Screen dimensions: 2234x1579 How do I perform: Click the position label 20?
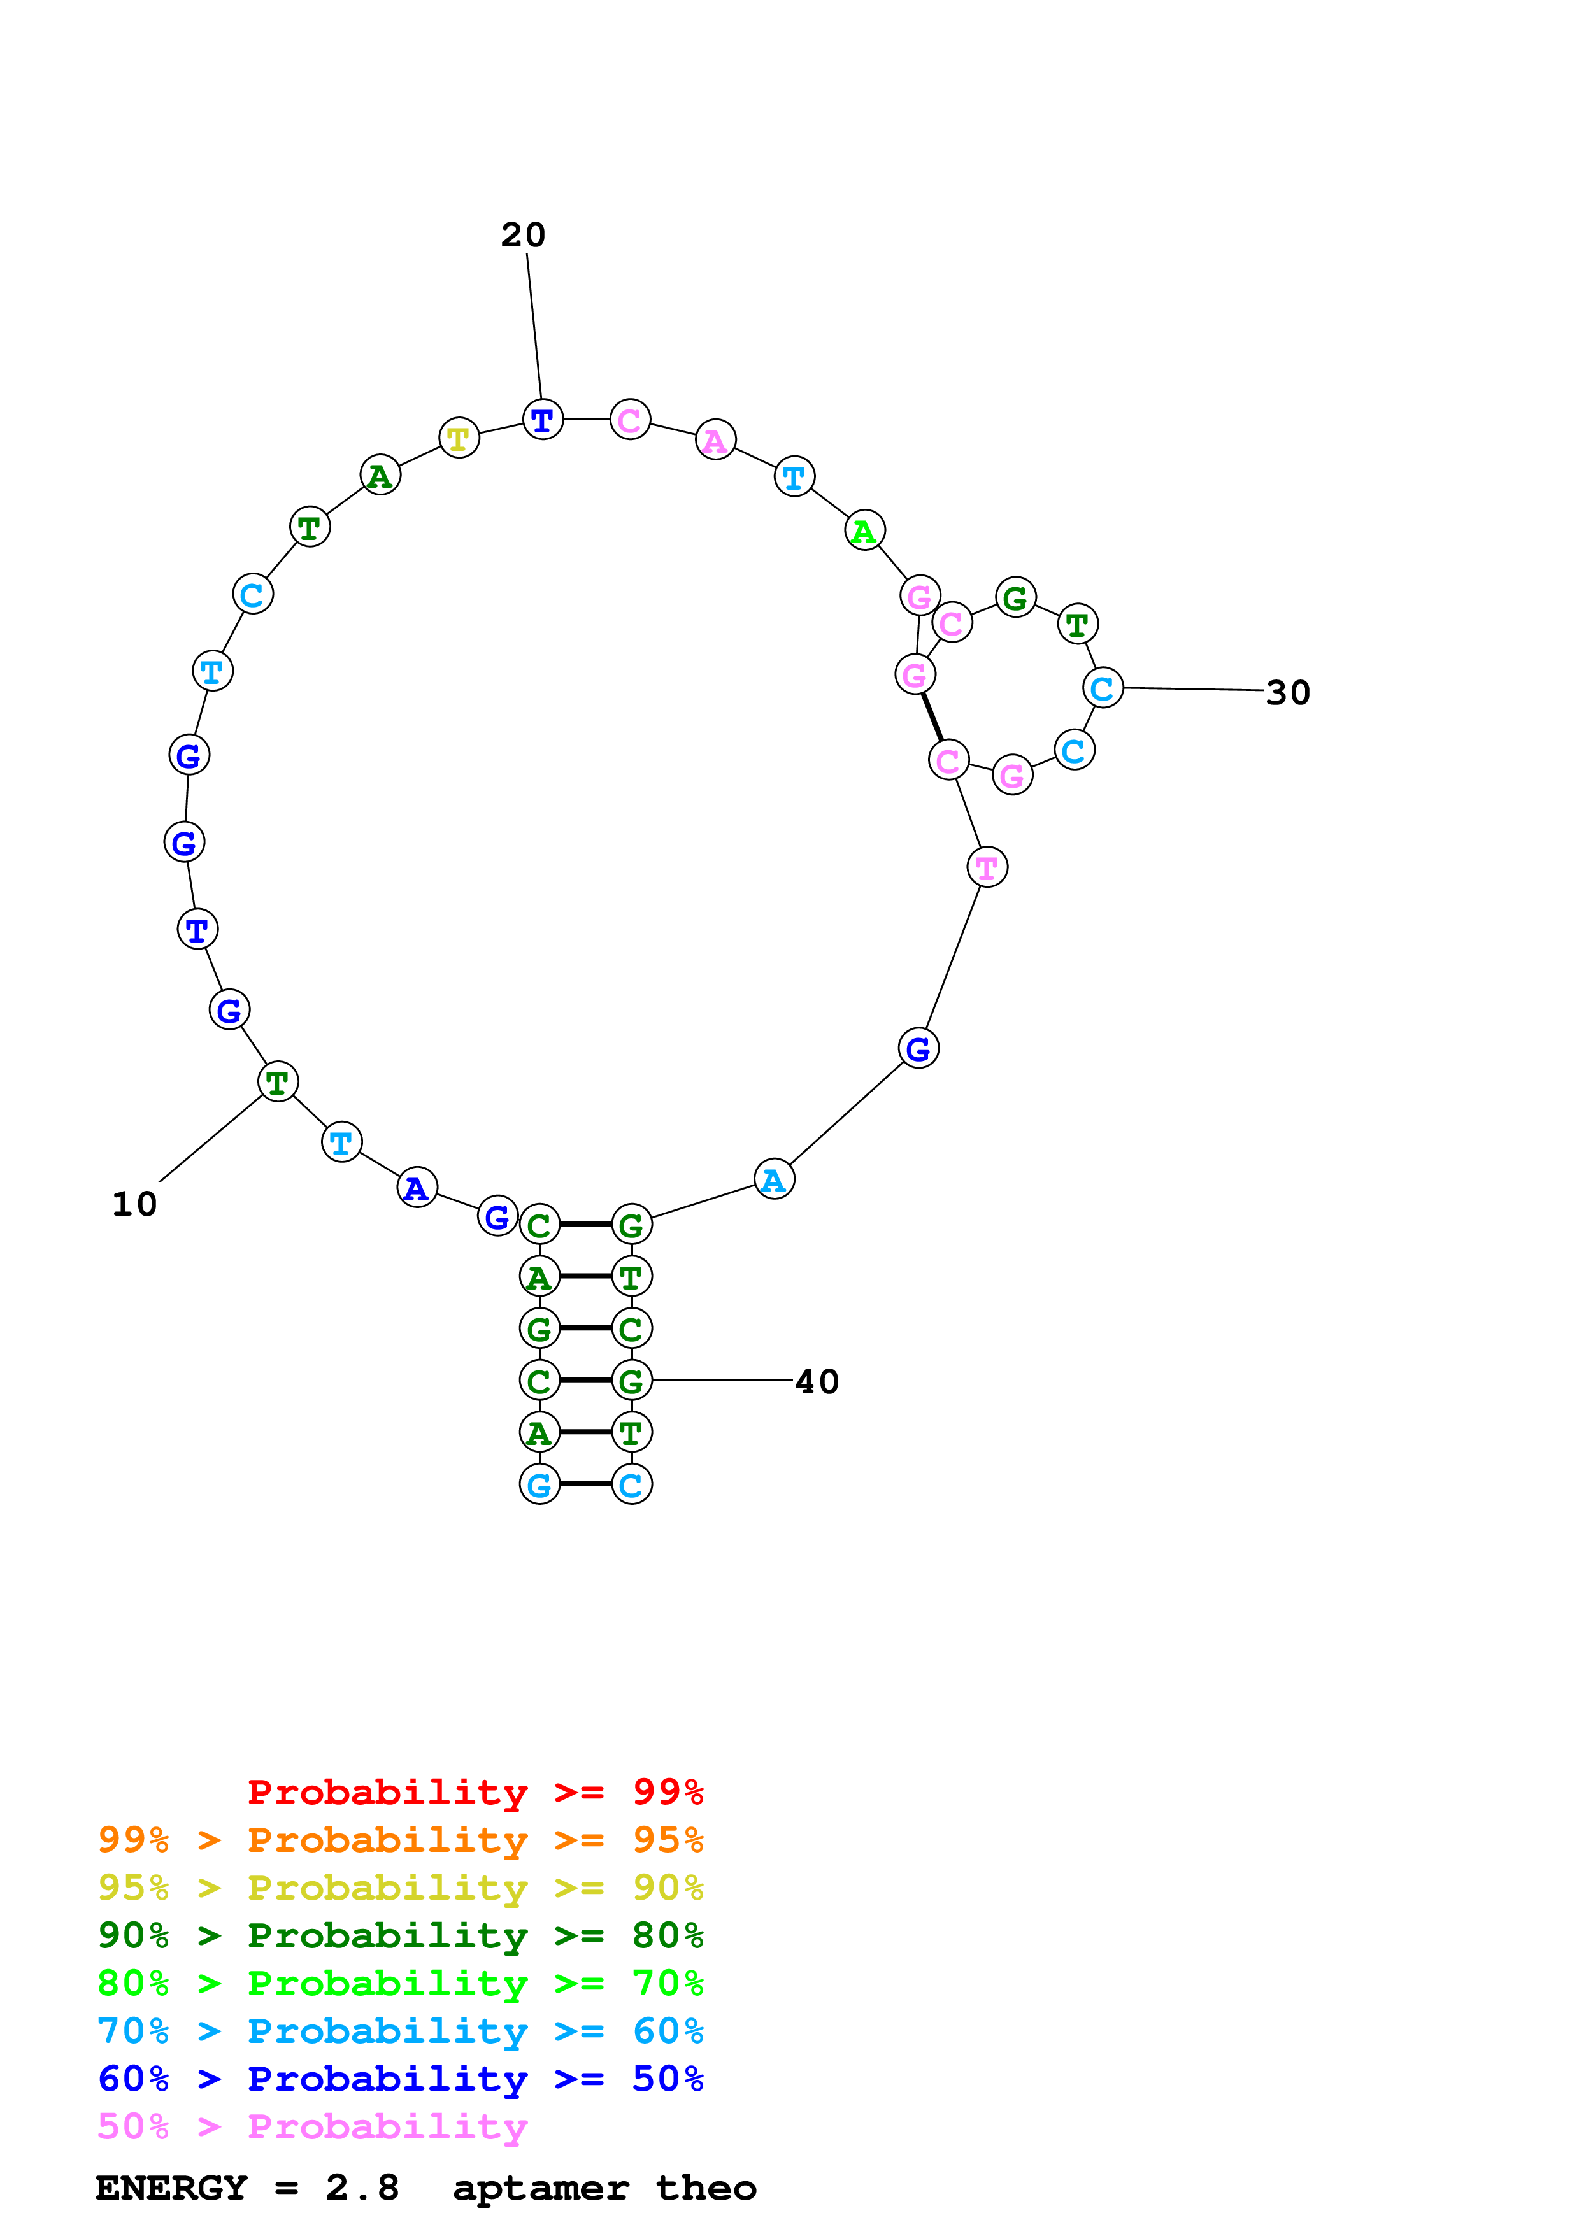click(524, 236)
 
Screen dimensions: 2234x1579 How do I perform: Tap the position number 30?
click(1287, 694)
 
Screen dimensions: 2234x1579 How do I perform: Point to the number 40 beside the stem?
click(817, 1383)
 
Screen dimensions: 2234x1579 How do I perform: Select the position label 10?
click(134, 1206)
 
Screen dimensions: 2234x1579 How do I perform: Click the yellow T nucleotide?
click(459, 438)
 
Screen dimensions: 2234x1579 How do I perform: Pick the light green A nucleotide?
click(864, 531)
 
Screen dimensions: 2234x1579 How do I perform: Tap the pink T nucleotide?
click(987, 867)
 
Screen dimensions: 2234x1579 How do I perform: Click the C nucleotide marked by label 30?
click(1103, 689)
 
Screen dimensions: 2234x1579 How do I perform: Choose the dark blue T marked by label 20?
click(543, 420)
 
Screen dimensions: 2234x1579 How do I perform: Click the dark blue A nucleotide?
click(417, 1188)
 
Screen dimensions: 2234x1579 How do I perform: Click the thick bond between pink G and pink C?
click(932, 717)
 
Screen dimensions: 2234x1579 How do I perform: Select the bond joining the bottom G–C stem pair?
click(586, 1484)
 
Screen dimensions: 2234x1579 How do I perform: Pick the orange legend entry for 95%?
click(400, 1840)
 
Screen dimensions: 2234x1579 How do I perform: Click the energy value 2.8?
click(362, 2188)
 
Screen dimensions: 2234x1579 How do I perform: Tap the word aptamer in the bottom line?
click(540, 2188)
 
